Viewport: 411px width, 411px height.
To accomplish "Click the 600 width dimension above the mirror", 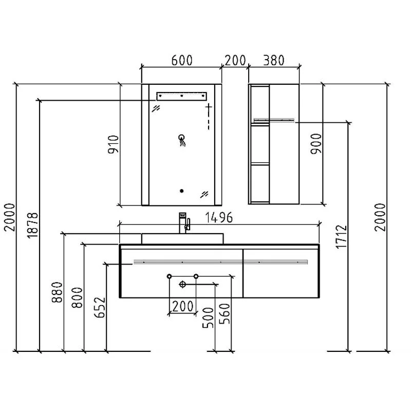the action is [x=182, y=60].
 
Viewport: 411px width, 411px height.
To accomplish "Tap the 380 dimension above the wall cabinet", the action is [x=274, y=60].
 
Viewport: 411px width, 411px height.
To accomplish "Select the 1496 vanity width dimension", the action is [x=219, y=217].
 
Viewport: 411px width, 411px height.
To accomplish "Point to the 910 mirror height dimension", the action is [x=114, y=144].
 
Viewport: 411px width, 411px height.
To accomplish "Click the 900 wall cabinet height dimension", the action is [x=316, y=144].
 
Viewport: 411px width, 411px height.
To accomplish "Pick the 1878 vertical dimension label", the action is [x=33, y=226].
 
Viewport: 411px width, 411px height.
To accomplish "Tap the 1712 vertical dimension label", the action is [x=342, y=236].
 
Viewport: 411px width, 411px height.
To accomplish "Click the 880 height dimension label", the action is [x=57, y=292].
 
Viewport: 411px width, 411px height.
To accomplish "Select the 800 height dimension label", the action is [x=78, y=297].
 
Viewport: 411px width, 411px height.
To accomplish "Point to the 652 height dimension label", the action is [x=100, y=307].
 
